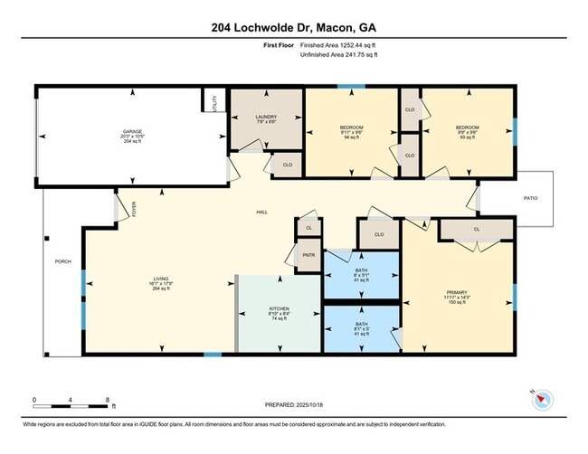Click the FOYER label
[135, 210]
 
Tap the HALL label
[262, 212]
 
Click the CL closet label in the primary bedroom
[477, 230]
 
